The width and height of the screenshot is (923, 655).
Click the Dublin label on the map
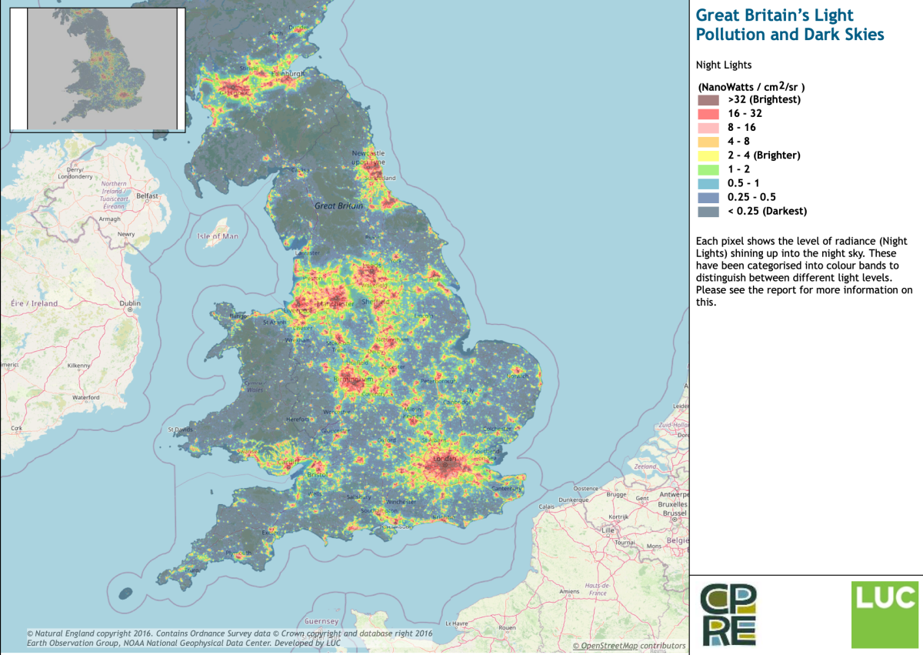point(130,304)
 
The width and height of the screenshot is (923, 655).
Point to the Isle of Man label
point(217,236)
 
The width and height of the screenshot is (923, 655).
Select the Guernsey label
point(322,620)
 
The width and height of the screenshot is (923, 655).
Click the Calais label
point(547,506)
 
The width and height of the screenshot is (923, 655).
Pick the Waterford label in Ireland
point(85,397)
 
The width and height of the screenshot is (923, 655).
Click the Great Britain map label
point(338,206)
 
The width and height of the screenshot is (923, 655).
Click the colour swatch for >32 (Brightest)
point(708,100)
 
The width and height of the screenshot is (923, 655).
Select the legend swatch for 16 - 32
point(708,114)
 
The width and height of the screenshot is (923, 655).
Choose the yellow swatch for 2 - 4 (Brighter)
point(708,155)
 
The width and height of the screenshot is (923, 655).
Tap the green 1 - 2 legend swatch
point(708,169)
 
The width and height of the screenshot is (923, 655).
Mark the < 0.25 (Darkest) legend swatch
point(708,211)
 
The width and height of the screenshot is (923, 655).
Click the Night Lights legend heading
point(723,66)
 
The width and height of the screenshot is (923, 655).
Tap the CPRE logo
point(728,614)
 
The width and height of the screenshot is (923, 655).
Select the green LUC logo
point(884,615)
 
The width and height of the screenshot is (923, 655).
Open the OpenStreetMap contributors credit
point(628,646)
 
